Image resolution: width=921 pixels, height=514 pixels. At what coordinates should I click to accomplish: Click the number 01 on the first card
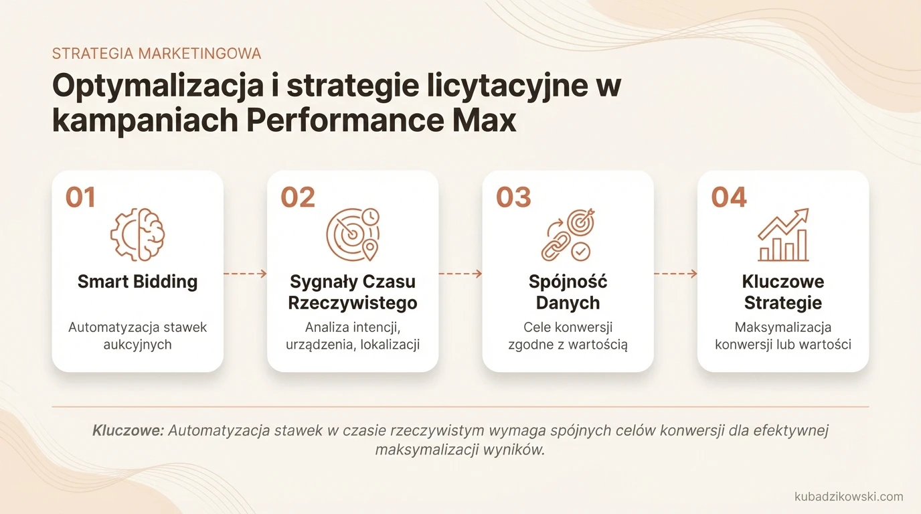point(80,197)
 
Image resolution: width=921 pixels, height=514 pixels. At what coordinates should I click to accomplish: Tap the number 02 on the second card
point(298,197)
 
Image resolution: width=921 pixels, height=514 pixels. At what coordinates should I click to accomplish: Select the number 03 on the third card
point(513,197)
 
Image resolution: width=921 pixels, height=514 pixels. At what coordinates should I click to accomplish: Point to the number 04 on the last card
point(729,197)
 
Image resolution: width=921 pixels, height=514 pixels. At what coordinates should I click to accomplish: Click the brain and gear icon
point(137,234)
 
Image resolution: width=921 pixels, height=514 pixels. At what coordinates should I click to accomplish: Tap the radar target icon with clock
point(353,234)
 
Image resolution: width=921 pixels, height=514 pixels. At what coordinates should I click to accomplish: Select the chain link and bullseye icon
point(568,234)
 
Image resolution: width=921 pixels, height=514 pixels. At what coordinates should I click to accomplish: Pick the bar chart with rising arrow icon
point(783,234)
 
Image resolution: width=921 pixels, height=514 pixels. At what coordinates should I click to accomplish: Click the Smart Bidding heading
point(137,282)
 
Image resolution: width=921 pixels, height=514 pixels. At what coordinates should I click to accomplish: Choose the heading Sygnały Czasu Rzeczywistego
point(353,292)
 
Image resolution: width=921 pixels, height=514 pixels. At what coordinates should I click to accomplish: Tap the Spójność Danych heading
point(568,292)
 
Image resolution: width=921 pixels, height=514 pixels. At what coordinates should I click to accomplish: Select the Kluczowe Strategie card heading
point(783,292)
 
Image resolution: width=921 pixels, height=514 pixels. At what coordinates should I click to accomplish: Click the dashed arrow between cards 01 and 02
point(245,274)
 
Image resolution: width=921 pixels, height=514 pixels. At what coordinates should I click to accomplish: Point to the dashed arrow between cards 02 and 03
point(460,274)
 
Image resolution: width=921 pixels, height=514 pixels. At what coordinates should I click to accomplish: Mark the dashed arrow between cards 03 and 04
point(675,274)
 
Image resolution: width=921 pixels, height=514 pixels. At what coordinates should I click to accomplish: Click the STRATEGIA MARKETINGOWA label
point(157,54)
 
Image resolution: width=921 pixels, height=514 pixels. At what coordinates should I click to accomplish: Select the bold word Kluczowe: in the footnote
point(128,430)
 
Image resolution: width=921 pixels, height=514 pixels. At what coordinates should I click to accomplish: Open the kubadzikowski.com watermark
point(848,497)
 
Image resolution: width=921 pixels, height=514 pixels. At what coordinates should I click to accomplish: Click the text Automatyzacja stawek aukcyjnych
point(137,336)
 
